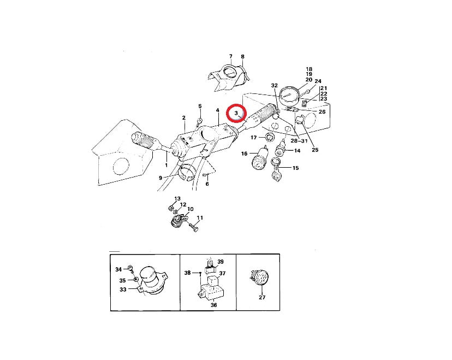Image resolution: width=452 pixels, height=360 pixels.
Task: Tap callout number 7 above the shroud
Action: (230, 56)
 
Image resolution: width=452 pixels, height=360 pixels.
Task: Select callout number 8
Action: (243, 57)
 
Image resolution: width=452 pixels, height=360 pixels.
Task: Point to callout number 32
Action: (275, 85)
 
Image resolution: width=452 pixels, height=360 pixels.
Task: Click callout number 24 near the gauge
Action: (318, 81)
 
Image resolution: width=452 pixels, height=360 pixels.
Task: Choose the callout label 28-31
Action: (299, 141)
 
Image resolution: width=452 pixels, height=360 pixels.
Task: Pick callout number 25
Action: (315, 150)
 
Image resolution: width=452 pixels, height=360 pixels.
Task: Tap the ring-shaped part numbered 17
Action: (270, 138)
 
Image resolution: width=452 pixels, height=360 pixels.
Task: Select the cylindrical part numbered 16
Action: (260, 157)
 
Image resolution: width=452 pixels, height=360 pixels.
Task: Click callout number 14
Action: (297, 151)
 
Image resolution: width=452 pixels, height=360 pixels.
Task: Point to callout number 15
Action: (295, 168)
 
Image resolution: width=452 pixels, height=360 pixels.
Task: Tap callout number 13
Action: (177, 199)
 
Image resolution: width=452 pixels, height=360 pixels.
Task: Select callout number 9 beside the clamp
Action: (160, 178)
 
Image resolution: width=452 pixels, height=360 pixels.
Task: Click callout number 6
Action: (207, 184)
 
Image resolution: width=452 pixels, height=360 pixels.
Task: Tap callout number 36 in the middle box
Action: (213, 305)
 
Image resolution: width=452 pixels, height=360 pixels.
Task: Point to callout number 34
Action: (118, 269)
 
